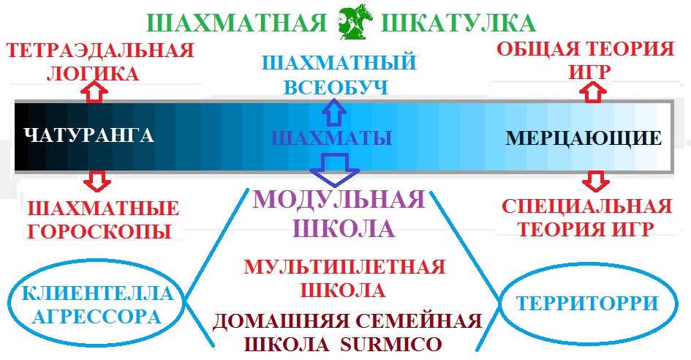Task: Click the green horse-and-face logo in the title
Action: coord(355,21)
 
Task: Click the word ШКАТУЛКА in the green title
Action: coord(458,23)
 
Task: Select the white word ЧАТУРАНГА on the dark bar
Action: coord(89,135)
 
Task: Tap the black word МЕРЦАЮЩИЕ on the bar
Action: coord(584,138)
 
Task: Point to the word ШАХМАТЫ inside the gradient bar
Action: coord(331,138)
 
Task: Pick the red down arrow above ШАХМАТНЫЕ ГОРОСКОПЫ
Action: coord(97,181)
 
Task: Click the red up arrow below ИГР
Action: coord(593,91)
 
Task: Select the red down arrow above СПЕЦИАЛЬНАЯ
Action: coord(596,181)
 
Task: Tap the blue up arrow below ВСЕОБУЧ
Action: coord(333,112)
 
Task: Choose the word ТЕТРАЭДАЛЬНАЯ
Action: coord(100,50)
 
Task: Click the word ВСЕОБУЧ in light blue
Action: coord(336,87)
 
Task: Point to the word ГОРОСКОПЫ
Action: coord(99,231)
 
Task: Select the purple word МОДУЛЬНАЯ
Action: coord(339,200)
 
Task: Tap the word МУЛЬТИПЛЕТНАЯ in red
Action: coord(344,267)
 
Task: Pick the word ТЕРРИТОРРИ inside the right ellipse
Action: coord(587,304)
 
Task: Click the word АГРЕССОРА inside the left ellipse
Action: coord(97,317)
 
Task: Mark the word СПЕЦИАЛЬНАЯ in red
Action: coord(586,207)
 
